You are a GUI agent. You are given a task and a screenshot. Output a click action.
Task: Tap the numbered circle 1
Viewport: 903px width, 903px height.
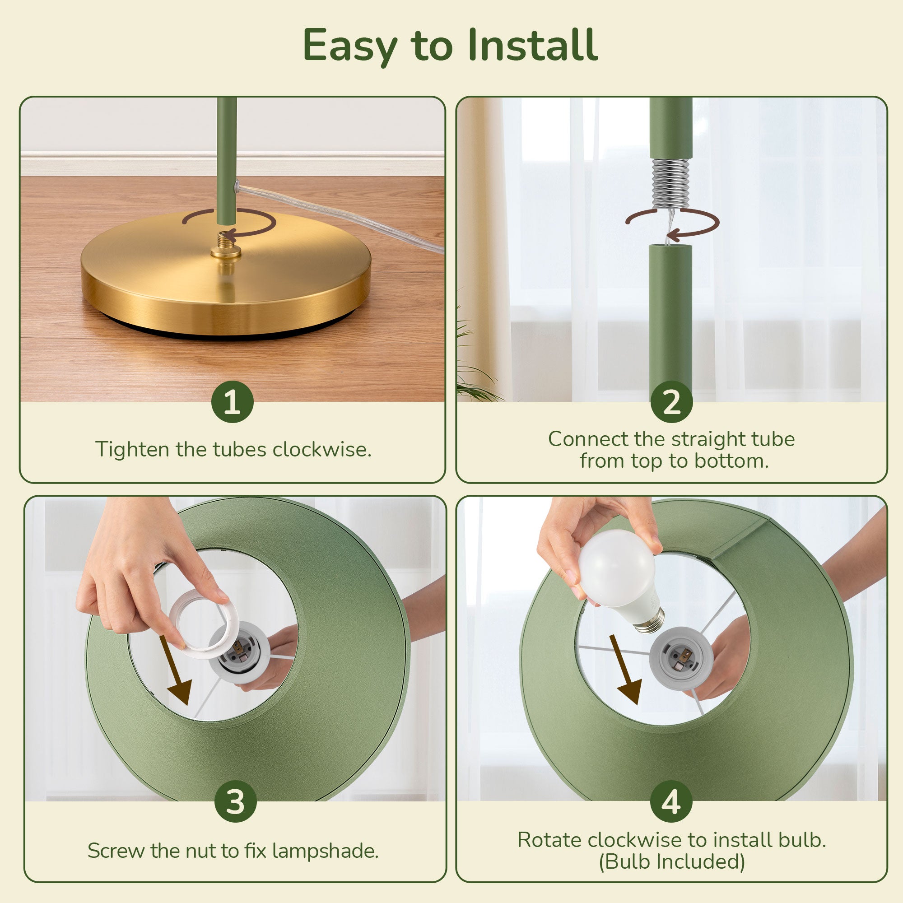(x=232, y=401)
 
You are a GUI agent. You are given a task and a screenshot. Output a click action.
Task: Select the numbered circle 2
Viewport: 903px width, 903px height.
(x=672, y=401)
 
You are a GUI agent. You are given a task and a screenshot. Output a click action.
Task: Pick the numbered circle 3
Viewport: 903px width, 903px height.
(x=236, y=801)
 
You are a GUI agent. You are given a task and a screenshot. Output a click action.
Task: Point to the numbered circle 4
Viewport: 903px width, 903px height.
(x=672, y=801)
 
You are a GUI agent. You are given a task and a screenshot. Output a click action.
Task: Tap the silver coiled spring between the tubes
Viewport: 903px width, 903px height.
(x=671, y=184)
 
